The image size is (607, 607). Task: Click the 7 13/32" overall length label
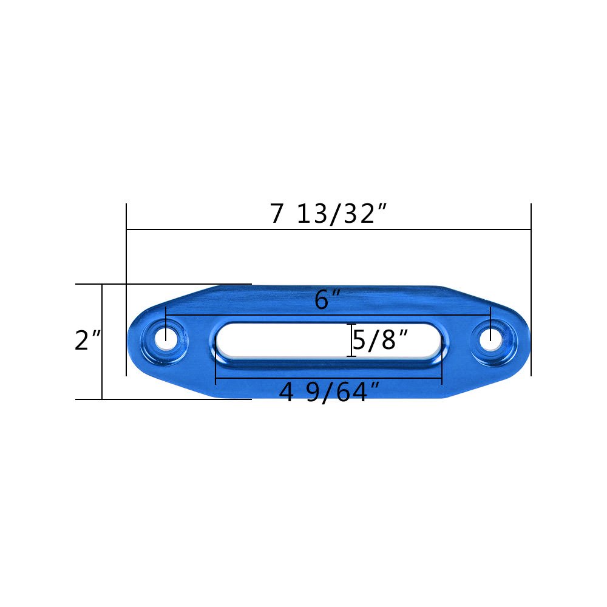tap(328, 214)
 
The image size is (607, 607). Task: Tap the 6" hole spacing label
tap(328, 300)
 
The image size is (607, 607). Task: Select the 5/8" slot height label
tap(380, 341)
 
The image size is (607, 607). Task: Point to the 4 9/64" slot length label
tap(329, 393)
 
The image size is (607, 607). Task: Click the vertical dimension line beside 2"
tap(102, 370)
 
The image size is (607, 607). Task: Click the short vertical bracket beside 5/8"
tap(351, 341)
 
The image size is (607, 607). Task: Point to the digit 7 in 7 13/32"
tap(277, 214)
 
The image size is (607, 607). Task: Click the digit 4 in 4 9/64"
tap(286, 393)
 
